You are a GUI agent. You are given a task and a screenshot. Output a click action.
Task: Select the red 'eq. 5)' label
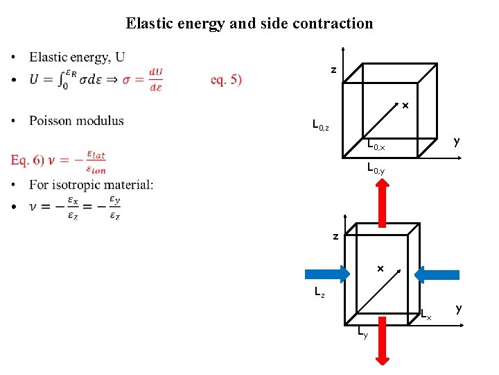coord(227,79)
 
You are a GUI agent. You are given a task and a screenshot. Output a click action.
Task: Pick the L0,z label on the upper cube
coord(321,126)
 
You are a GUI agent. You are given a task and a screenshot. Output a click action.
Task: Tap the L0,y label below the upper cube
coord(376,168)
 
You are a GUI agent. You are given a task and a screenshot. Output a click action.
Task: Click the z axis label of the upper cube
coord(333,70)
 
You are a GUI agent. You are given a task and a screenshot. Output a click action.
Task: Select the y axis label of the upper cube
coord(456,142)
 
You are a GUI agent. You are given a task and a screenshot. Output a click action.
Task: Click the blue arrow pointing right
coord(325,273)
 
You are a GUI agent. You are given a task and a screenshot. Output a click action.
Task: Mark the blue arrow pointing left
coord(437,274)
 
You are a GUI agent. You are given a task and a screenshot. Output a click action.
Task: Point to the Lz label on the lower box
coord(319,293)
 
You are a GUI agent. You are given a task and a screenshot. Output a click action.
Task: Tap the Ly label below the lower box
coord(362,334)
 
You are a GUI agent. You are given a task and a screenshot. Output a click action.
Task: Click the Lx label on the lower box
coord(426,316)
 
